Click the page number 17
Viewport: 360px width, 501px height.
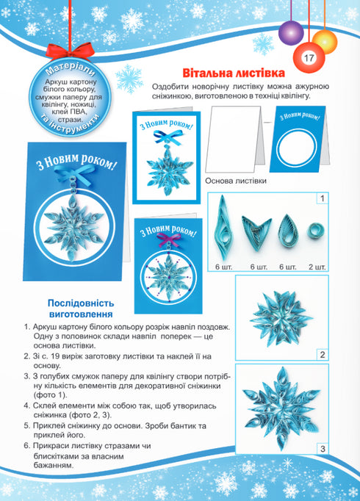click(x=307, y=58)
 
